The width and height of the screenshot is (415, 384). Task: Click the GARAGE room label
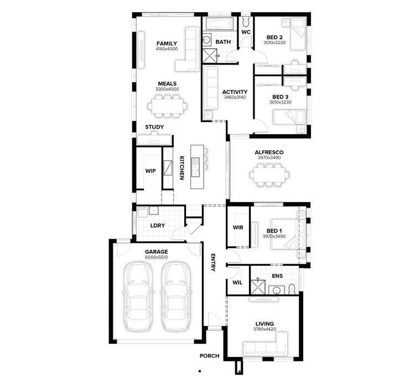[157, 251]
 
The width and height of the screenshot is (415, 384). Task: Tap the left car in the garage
[137, 295]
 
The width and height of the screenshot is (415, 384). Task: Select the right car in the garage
[175, 295]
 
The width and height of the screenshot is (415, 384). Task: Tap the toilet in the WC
[246, 22]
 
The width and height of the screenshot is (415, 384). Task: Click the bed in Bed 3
[289, 118]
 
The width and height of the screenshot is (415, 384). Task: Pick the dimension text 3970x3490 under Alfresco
[269, 158]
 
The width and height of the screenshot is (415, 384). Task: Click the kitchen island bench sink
[196, 165]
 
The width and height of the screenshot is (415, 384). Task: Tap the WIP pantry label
[150, 171]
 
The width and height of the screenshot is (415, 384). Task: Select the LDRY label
[158, 225]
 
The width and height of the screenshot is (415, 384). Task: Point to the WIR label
[238, 227]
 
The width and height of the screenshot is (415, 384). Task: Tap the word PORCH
[210, 356]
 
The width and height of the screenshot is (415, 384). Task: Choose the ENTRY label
[213, 262]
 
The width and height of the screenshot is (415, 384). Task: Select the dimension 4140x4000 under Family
[167, 49]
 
